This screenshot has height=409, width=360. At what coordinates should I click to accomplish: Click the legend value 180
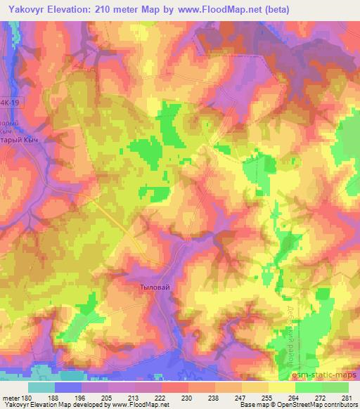[25, 397]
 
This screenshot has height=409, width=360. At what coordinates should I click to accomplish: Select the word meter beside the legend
[9, 397]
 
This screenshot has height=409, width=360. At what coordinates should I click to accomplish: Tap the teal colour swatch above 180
[41, 387]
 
